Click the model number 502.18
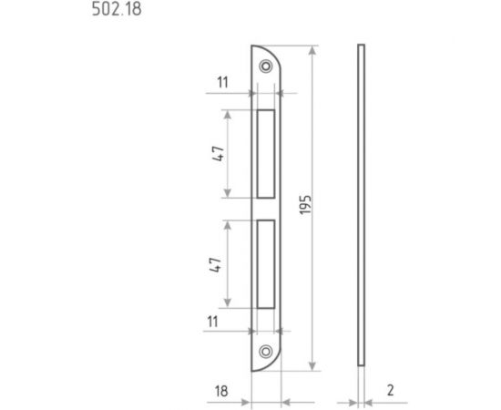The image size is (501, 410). tap(117, 9)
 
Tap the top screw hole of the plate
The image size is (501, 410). tap(266, 67)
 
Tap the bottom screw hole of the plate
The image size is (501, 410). tap(266, 352)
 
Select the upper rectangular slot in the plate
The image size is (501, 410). tap(266, 154)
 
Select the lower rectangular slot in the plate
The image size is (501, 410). tap(266, 264)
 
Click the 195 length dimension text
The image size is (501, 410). tap(305, 204)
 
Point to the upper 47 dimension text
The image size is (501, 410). tap(219, 154)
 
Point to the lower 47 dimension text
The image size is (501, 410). tap(215, 264)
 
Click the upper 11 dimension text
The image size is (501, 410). tap(222, 82)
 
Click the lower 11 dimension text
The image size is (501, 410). tap(213, 322)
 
